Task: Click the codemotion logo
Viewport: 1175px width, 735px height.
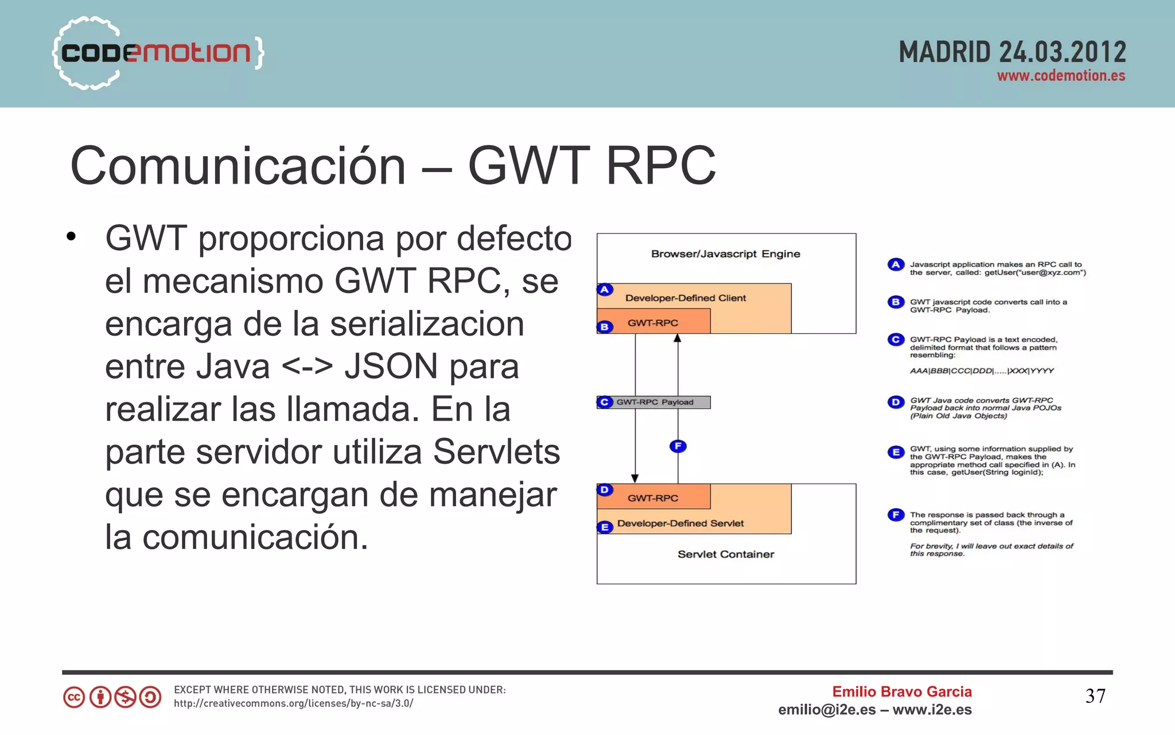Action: point(156,53)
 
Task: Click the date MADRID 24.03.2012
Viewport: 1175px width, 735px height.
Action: point(1012,53)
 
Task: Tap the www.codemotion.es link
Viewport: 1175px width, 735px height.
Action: point(1061,76)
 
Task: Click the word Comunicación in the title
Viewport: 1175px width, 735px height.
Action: point(238,166)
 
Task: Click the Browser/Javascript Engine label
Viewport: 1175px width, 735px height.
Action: point(725,254)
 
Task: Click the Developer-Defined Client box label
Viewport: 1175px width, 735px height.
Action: point(685,298)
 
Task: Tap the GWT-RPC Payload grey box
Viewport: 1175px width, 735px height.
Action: point(655,402)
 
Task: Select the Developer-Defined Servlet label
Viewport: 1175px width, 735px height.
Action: point(680,523)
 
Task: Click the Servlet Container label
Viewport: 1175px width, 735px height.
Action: point(725,554)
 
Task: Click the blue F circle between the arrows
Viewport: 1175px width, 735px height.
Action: point(678,446)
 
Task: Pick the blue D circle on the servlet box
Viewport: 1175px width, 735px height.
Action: point(605,490)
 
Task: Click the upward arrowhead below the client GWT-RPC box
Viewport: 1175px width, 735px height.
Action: point(678,339)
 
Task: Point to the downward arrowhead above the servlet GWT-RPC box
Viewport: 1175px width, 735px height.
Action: point(635,479)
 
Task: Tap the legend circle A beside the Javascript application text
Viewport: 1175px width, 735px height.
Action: point(896,265)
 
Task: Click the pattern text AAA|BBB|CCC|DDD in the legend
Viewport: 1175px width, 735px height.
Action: point(981,371)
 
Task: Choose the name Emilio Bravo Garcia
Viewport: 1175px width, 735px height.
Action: point(901,692)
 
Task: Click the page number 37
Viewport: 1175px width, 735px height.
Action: point(1095,697)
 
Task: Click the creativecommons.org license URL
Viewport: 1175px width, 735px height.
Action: point(293,703)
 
